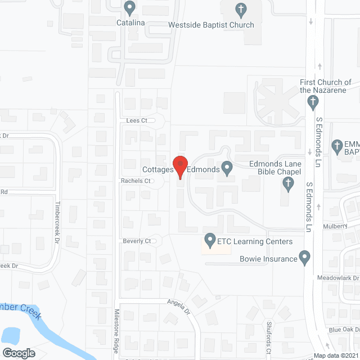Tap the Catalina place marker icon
point(130,8)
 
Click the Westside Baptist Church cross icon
point(241,10)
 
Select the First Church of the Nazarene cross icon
point(314,102)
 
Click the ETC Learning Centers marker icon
point(209,241)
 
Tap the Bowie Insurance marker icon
point(305,258)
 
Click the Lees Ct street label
point(137,120)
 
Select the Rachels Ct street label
point(136,181)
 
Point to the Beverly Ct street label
point(137,241)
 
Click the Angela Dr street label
point(179,307)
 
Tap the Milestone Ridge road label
point(117,332)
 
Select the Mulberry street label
point(336,226)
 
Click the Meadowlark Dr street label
point(338,278)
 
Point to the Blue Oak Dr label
point(344,330)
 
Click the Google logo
point(18,353)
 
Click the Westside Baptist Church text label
point(211,25)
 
